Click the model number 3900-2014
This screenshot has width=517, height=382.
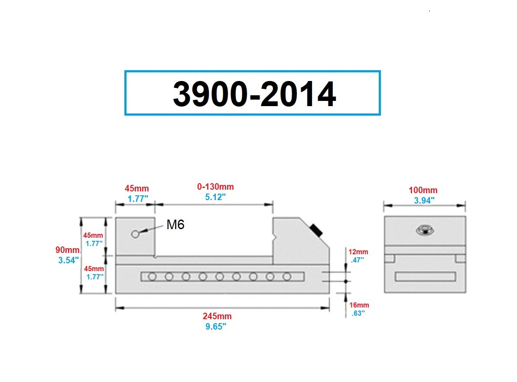click(x=254, y=94)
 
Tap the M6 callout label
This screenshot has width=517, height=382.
click(x=176, y=224)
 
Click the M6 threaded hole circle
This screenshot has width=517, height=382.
click(x=135, y=234)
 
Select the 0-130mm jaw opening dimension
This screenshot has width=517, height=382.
click(x=215, y=187)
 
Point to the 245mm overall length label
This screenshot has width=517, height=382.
click(x=217, y=316)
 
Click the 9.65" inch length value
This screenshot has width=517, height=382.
click(x=216, y=327)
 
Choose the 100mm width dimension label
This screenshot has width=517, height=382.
click(x=423, y=190)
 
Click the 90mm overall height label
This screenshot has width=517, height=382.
click(x=67, y=250)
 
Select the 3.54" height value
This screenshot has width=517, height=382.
click(x=68, y=260)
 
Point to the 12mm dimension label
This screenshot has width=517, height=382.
click(x=358, y=252)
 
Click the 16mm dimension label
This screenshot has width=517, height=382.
click(x=359, y=305)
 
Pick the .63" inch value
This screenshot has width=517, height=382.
click(x=358, y=313)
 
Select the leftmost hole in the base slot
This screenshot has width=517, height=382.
click(x=152, y=276)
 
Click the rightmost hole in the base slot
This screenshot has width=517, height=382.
click(x=286, y=276)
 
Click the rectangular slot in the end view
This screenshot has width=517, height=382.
click(x=425, y=276)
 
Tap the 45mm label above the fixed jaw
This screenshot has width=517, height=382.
click(x=137, y=188)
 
